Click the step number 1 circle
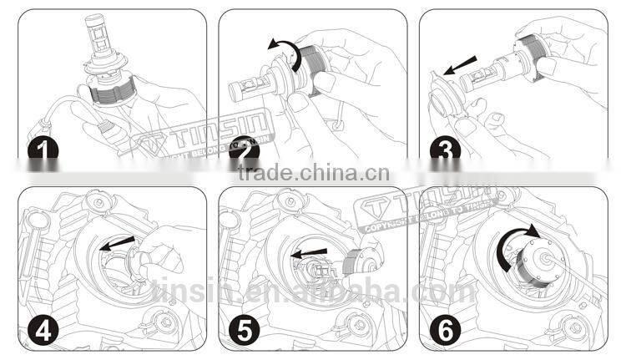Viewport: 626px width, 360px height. click(x=42, y=151)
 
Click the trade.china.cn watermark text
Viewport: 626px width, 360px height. click(x=313, y=175)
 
